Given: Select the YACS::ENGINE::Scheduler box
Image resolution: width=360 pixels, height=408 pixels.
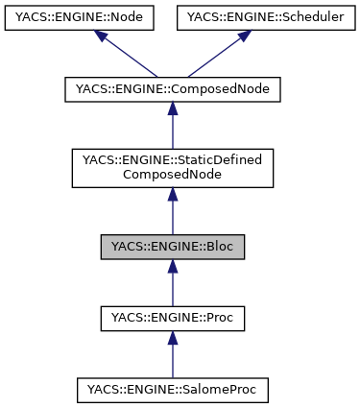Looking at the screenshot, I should coord(266,18).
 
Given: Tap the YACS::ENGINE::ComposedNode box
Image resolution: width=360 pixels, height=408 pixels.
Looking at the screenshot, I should coord(173,89).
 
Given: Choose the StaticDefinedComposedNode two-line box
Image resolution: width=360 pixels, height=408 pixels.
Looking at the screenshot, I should coord(173,167).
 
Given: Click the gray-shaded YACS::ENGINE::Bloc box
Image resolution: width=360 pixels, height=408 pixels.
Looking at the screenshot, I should coord(173,246).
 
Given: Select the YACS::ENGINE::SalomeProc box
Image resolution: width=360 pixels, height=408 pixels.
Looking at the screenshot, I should coord(173,390).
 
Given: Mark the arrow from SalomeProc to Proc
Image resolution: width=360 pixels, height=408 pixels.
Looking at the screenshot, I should coord(173,357).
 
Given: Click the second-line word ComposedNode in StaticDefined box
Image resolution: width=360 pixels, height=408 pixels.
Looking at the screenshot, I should coord(173,176).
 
